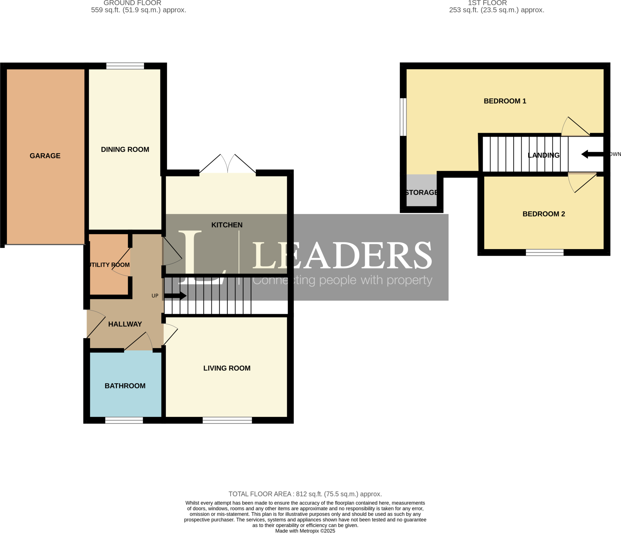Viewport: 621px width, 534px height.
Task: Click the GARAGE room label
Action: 45,156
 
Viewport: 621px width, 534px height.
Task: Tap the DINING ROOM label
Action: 125,149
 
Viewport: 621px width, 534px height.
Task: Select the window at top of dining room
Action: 125,66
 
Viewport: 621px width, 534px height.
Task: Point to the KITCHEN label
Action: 227,225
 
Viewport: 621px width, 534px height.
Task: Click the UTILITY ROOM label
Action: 109,265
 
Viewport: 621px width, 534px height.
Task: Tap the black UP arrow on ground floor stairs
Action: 175,296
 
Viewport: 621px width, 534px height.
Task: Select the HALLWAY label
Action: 125,324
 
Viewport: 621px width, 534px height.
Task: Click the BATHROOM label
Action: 125,386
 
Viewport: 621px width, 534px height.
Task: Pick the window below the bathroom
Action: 124,420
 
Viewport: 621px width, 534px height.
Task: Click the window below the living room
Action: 227,420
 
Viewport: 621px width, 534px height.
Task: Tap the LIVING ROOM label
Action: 227,368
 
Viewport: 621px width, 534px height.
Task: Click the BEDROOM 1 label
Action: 505,101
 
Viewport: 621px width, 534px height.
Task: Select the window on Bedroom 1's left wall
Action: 403,117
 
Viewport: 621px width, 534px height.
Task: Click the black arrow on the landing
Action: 592,154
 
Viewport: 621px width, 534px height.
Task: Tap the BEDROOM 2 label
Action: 544,214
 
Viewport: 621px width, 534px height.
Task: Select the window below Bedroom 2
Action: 545,252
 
